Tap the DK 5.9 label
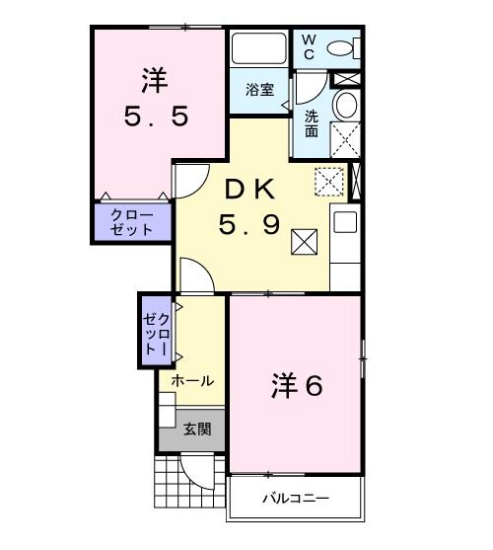252,208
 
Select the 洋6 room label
297,386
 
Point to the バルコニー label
295,498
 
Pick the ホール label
192,380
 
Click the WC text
308,46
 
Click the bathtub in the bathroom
259,49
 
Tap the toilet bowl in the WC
340,47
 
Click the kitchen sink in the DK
344,222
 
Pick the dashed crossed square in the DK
327,182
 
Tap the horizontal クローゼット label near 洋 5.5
131,222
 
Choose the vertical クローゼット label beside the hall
158,331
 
